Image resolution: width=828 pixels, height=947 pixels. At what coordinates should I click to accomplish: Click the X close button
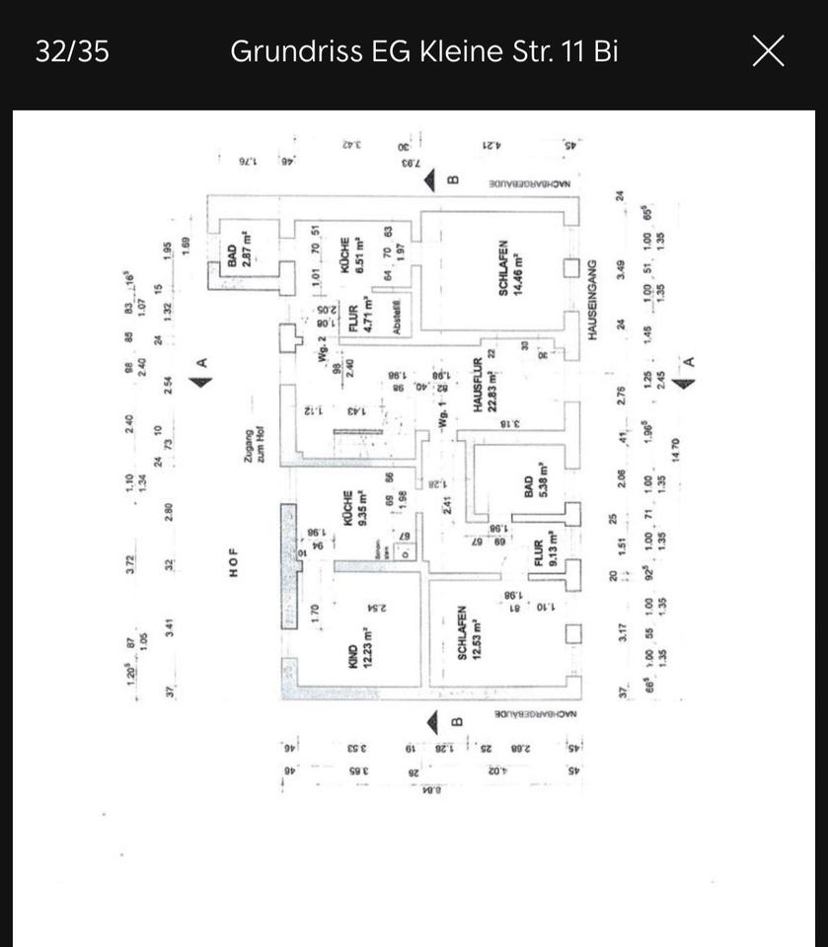tap(768, 50)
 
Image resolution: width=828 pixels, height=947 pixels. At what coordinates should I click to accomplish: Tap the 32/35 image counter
tap(72, 51)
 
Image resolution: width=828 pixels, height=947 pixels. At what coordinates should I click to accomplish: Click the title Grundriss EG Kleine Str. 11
tap(424, 51)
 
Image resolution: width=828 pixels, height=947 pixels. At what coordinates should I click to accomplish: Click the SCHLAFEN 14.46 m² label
tap(509, 268)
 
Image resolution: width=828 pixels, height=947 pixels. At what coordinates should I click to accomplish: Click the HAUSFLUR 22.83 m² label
tap(485, 386)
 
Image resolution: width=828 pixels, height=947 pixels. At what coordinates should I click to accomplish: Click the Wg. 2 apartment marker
tap(322, 351)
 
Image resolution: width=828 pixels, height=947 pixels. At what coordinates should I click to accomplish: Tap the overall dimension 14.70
tap(675, 449)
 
